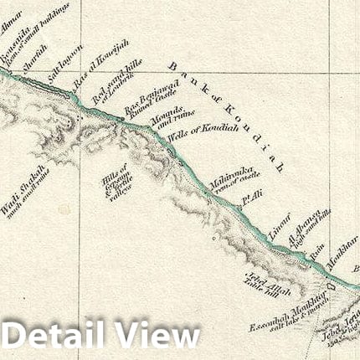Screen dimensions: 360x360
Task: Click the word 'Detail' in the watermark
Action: [x=56, y=336]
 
